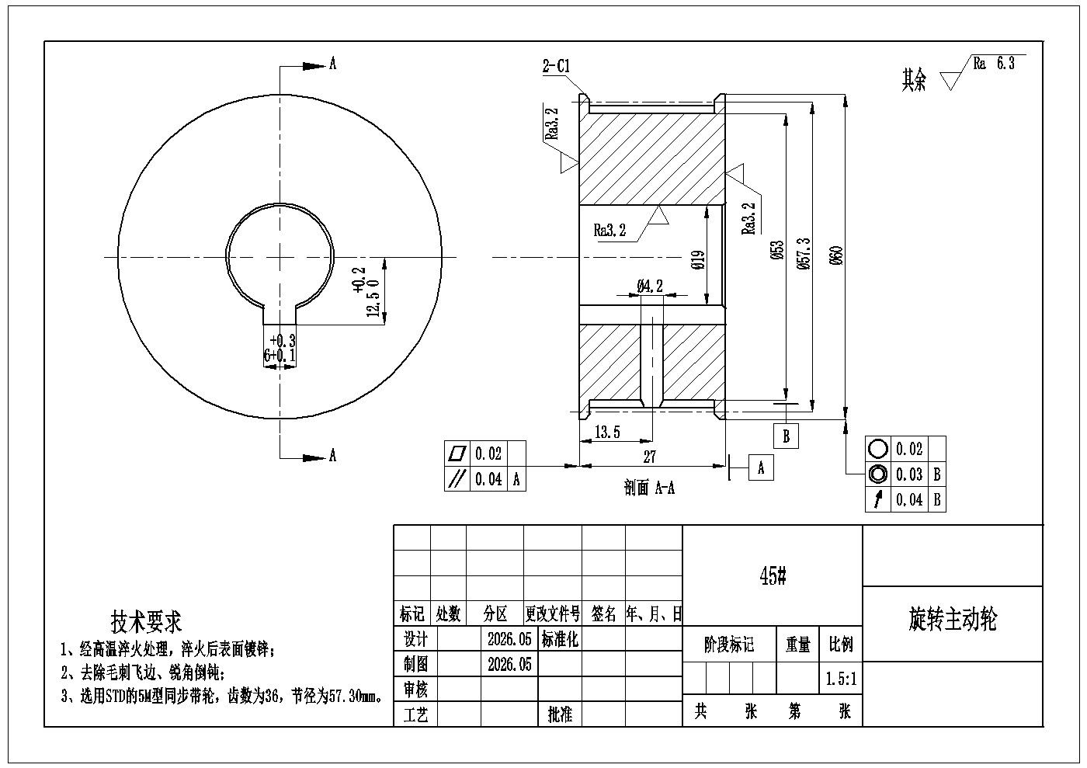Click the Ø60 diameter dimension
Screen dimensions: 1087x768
click(x=837, y=255)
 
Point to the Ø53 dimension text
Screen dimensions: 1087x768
click(x=777, y=250)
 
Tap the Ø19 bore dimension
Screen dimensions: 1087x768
click(x=698, y=260)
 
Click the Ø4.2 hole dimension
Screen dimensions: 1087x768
click(x=650, y=286)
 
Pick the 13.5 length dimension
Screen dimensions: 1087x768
click(x=607, y=432)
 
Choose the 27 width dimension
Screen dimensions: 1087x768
click(x=649, y=457)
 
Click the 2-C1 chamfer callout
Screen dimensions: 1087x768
click(x=556, y=65)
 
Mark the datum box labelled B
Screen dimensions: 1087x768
click(x=786, y=436)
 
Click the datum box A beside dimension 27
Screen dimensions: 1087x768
click(x=761, y=467)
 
